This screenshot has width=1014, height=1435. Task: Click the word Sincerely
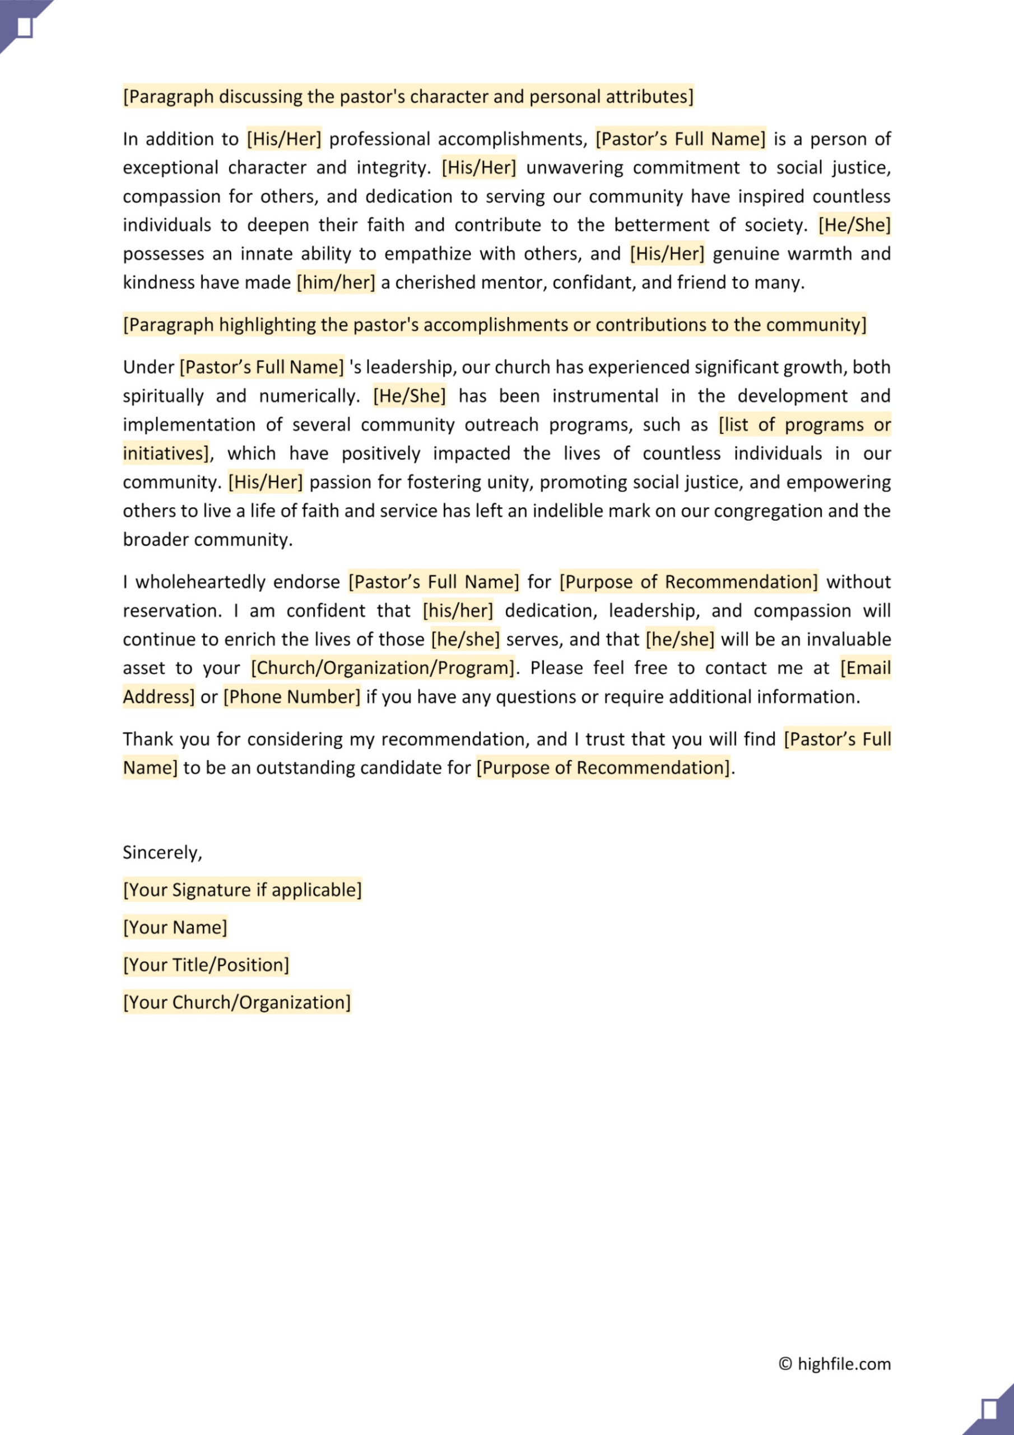click(161, 853)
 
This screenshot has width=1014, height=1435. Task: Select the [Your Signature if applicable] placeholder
click(243, 890)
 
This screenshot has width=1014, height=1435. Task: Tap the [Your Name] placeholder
click(175, 928)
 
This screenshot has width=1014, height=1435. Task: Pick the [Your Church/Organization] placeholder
click(237, 1002)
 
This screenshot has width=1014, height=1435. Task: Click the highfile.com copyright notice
click(835, 1364)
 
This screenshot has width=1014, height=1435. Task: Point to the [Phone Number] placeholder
click(292, 697)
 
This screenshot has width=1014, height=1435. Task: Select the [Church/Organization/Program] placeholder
click(383, 668)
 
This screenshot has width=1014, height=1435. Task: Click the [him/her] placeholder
click(336, 283)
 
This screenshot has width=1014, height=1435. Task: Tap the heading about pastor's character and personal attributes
click(408, 97)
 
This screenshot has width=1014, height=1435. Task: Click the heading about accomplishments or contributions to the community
click(494, 325)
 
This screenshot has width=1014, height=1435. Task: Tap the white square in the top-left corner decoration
click(24, 27)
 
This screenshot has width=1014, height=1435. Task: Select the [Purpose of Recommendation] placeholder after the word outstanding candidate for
click(603, 768)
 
